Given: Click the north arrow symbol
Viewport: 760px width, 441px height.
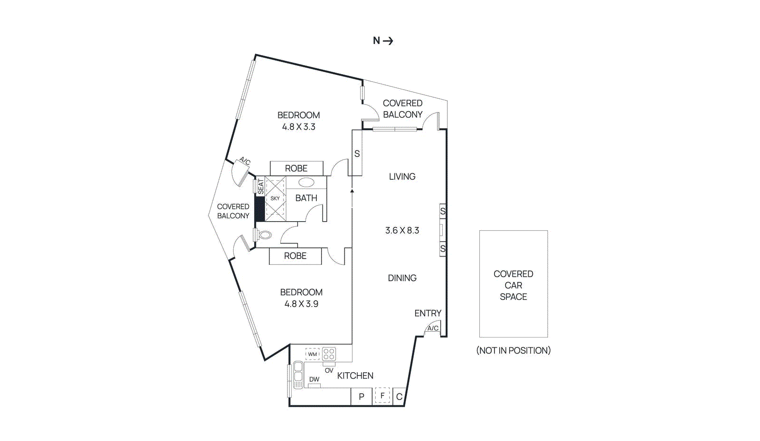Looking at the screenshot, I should [388, 41].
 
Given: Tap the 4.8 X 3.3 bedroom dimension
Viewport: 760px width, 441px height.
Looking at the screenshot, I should [298, 127].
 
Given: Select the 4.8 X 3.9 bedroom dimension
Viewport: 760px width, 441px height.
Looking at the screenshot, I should [301, 304].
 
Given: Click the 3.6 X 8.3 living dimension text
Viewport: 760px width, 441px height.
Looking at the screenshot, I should [402, 231].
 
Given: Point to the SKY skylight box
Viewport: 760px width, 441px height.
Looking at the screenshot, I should [275, 198].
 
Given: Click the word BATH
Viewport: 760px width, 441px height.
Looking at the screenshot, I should [306, 198].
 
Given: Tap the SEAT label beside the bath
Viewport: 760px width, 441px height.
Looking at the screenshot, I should [260, 186].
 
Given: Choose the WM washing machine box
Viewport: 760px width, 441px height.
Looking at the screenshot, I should [312, 354].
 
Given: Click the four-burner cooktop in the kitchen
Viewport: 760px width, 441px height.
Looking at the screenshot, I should [329, 354].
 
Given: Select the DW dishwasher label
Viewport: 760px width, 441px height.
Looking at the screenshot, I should [314, 379].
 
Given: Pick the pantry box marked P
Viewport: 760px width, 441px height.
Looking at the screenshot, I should [361, 396].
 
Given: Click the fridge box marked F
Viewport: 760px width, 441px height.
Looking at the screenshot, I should [382, 395].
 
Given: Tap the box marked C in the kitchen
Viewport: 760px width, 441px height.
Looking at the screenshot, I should [399, 396].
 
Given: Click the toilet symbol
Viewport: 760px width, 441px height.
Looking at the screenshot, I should [265, 235].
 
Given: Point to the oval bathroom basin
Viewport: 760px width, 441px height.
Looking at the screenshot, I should [306, 182].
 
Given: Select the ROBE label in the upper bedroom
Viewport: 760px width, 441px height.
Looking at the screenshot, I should [296, 169].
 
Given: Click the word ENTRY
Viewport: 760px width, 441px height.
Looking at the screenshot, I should [427, 313].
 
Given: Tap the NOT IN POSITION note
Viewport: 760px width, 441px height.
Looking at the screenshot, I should [513, 350].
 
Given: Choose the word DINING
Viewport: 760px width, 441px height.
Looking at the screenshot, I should [402, 278].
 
